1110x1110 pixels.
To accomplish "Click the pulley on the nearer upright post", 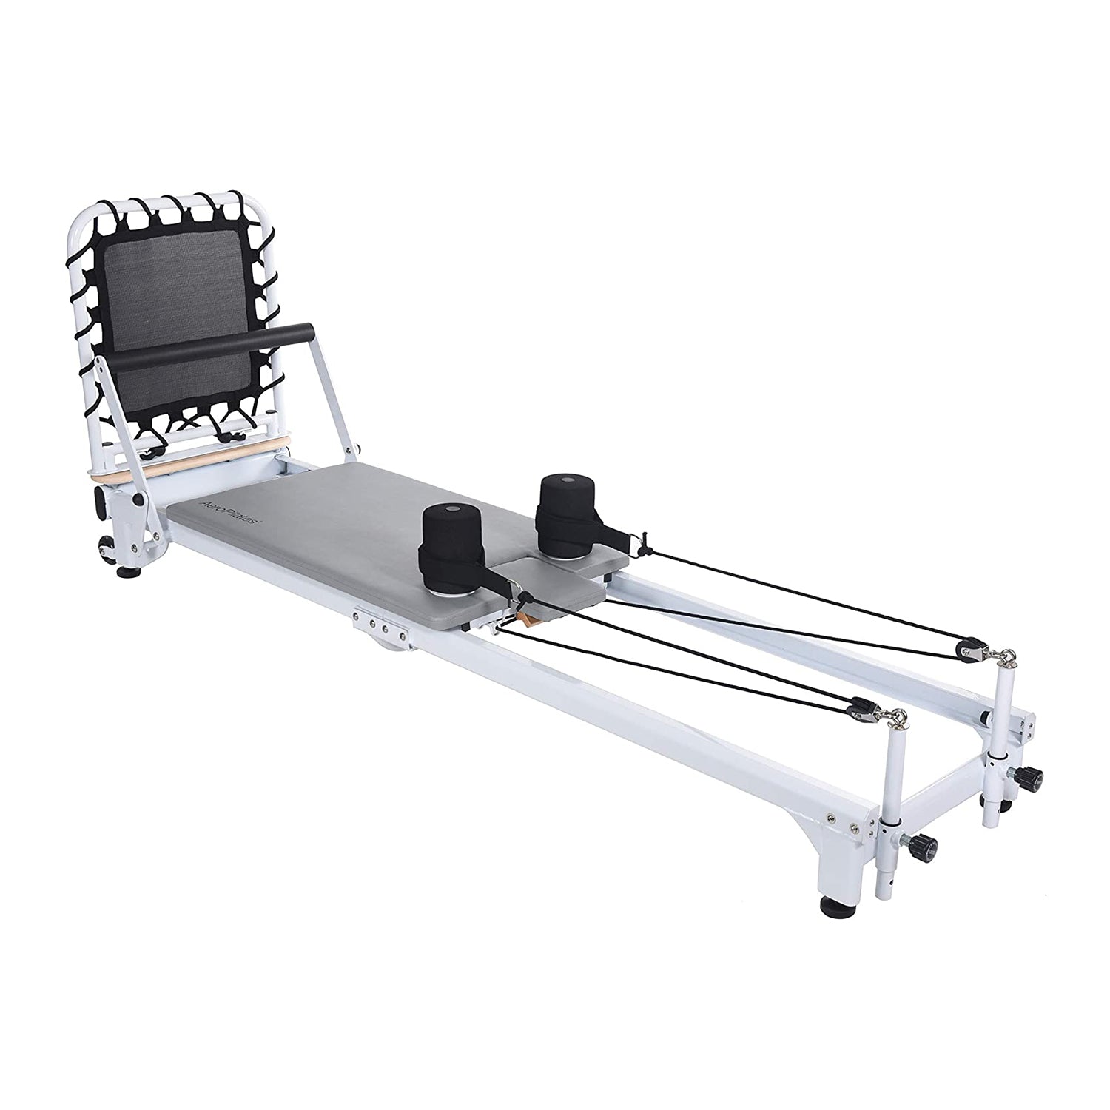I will click(862, 705).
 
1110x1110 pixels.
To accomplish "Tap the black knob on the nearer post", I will click(926, 844).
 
